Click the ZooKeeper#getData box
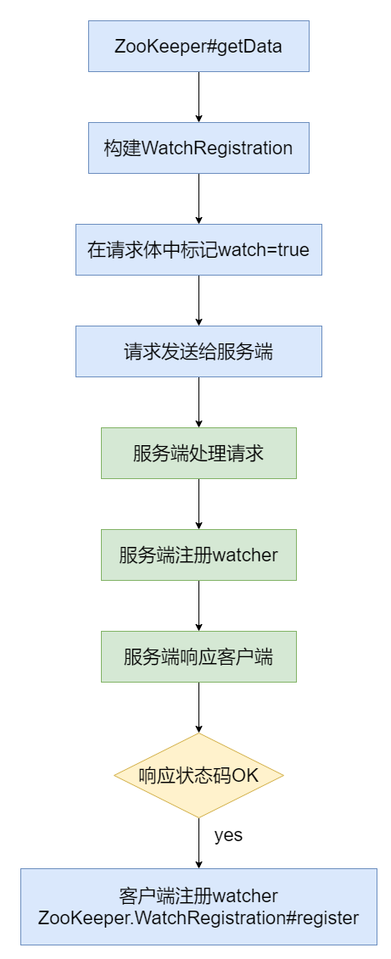198,47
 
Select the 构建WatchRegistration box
198,148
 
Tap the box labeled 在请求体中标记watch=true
198,250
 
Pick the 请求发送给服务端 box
198,352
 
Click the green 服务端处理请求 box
198,454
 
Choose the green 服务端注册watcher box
198,555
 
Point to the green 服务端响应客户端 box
198,657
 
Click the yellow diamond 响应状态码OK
198,775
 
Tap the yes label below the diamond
228,835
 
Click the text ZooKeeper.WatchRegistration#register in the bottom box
198,917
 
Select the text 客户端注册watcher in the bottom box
198,896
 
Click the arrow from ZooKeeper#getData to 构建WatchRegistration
198,97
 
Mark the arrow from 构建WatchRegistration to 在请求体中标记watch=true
198,198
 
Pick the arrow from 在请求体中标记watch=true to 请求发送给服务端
198,300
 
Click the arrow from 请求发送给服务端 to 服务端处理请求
198,402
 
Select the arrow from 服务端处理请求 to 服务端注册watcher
198,504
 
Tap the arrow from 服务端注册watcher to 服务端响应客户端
198,605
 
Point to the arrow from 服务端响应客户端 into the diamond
198,707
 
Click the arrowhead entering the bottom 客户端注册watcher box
198,863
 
